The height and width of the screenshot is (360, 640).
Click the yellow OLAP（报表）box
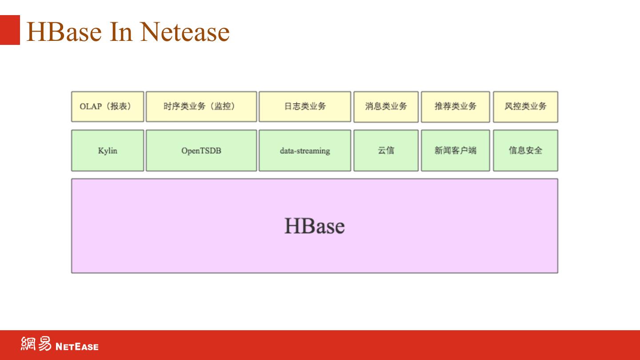(108, 107)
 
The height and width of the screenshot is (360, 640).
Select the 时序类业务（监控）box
(201, 107)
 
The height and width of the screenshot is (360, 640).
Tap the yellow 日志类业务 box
(305, 107)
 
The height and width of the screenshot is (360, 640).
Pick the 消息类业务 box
(386, 107)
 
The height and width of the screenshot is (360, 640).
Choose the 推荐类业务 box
(455, 107)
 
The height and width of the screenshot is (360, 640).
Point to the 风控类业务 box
(525, 107)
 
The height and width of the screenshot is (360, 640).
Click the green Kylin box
(108, 151)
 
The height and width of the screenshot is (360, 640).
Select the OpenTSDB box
(201, 151)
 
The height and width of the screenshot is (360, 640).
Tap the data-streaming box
(305, 151)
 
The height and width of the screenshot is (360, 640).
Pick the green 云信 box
(386, 151)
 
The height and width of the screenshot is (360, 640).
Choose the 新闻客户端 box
(455, 151)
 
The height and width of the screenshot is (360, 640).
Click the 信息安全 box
(525, 151)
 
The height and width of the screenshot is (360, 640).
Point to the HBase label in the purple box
(314, 226)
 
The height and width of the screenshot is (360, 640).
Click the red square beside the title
(10, 30)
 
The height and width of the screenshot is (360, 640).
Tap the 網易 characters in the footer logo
(36, 344)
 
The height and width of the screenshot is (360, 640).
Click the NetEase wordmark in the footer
(77, 346)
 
